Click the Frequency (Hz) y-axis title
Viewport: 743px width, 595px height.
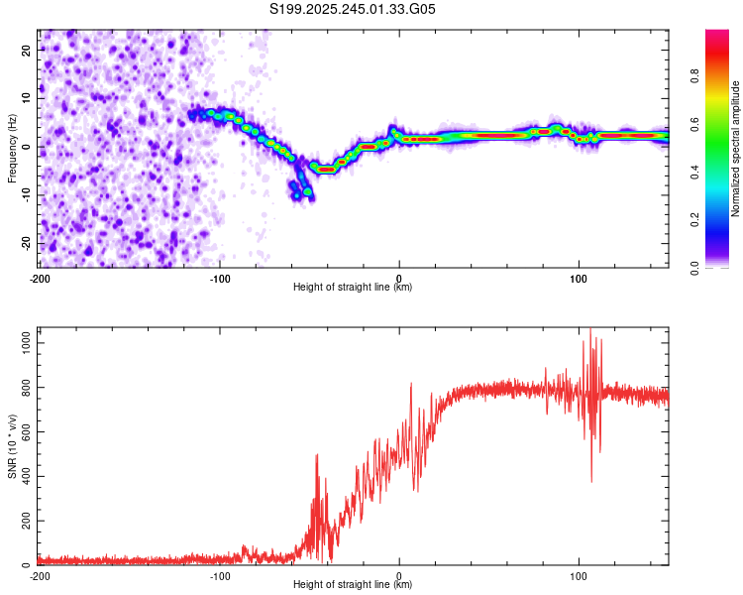click(x=12, y=149)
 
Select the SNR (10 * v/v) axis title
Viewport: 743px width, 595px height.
click(x=12, y=446)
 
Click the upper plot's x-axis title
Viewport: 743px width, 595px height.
click(x=353, y=287)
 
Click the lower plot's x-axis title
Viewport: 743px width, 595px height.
click(x=353, y=584)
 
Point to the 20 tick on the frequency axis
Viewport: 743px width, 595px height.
click(x=27, y=50)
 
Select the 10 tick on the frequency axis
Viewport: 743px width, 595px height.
click(x=27, y=98)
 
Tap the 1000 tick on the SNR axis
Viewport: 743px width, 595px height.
click(x=21, y=342)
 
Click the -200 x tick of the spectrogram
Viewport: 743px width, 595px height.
click(x=40, y=278)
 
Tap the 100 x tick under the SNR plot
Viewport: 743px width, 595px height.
click(x=580, y=575)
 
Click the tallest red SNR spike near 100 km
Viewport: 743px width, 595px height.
click(x=590, y=330)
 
